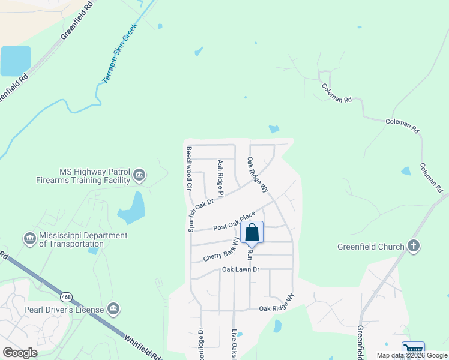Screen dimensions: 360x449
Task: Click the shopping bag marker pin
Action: coord(252,232)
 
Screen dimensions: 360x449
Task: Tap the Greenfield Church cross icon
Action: coord(413,245)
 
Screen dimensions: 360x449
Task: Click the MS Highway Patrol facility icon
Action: coord(139,175)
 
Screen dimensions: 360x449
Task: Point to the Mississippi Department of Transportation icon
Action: coord(29,239)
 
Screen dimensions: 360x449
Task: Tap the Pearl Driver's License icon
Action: coord(113,310)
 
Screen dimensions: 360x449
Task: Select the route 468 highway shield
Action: coord(67,296)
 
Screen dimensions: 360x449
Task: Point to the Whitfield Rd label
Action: coord(143,347)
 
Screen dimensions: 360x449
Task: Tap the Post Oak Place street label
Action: coord(238,222)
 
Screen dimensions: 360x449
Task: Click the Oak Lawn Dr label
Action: coord(240,270)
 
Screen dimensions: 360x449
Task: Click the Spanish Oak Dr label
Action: coord(201,215)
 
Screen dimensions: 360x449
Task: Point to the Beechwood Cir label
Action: coord(189,169)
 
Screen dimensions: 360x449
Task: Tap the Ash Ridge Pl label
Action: coord(221,178)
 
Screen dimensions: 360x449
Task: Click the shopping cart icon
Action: coord(413,350)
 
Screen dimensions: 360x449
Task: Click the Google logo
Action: coord(20,353)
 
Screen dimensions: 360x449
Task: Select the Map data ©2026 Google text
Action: coord(411,355)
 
